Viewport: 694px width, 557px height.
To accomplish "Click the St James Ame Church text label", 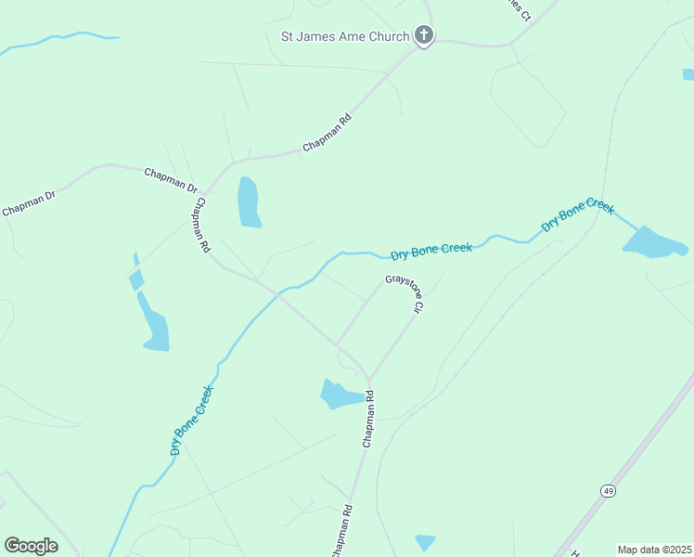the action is click(x=344, y=37).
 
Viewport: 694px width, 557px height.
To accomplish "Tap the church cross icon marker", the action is click(x=423, y=36).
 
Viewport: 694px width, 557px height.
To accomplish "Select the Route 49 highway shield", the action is click(x=608, y=490).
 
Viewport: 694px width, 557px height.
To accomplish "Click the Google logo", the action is click(x=31, y=545).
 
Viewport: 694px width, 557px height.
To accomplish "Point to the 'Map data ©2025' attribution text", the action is click(x=654, y=550).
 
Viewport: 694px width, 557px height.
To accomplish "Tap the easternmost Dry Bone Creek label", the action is click(x=577, y=215).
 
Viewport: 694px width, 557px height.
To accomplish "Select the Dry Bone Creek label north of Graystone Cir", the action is click(x=431, y=252).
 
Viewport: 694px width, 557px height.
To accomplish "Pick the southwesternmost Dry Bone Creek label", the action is click(x=192, y=420).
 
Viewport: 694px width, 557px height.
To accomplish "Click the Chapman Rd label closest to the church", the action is click(x=328, y=135).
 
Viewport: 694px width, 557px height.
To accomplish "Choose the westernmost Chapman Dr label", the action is click(x=29, y=202).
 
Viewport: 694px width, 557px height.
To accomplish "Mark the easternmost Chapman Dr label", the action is click(x=171, y=180).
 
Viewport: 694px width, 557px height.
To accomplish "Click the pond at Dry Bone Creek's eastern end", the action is click(x=653, y=243).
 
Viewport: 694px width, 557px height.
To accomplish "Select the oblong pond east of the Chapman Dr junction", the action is click(x=248, y=202).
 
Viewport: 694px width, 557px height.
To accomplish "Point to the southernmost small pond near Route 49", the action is click(x=425, y=541).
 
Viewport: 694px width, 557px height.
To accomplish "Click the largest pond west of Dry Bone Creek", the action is click(x=154, y=325).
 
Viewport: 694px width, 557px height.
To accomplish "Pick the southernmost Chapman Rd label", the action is click(x=341, y=531).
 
